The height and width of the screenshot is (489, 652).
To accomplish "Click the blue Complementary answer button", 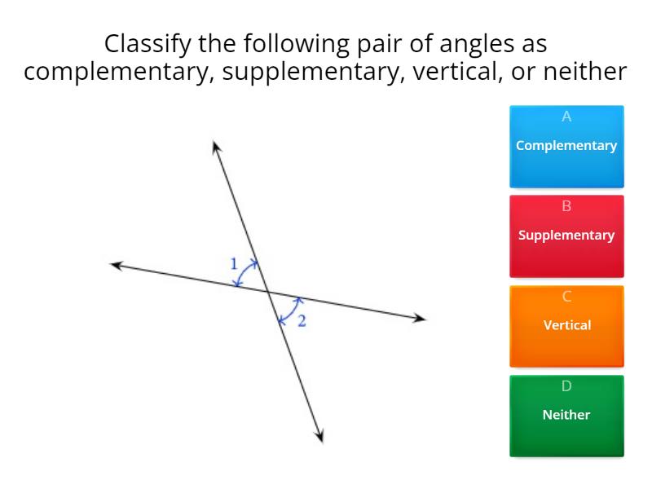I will [x=566, y=147].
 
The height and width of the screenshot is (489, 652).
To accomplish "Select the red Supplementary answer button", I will [x=566, y=236].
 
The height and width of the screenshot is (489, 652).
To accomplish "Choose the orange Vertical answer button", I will [x=566, y=325].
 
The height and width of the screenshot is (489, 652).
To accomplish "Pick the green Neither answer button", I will [x=566, y=415].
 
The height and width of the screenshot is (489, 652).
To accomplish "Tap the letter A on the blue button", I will [x=566, y=117].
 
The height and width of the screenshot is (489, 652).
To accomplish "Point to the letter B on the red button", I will [x=566, y=206].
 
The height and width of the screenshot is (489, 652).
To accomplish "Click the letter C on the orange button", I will [x=566, y=296].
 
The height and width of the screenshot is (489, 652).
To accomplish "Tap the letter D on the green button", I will [x=566, y=385].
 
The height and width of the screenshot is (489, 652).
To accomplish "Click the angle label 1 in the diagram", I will [x=234, y=263].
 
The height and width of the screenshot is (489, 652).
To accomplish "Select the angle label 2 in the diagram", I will [x=302, y=321].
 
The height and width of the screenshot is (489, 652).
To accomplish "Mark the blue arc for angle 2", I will [x=290, y=310].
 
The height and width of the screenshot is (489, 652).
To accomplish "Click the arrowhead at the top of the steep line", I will [x=216, y=147].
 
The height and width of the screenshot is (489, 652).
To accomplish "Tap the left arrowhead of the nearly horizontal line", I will [x=116, y=264].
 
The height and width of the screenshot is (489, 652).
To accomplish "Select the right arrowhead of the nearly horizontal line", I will [x=421, y=318].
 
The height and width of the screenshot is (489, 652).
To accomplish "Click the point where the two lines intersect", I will [x=268, y=291].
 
